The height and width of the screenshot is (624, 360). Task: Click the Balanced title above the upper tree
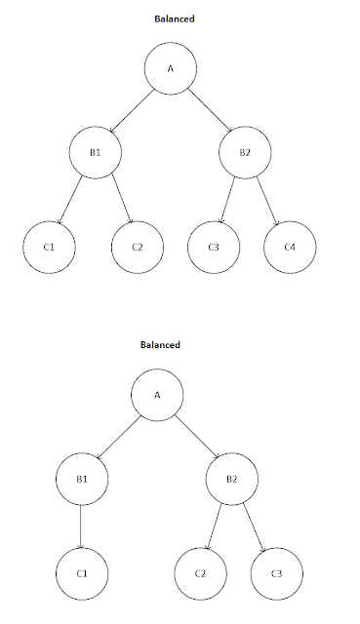tap(171, 18)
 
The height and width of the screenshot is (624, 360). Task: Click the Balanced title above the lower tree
tap(161, 345)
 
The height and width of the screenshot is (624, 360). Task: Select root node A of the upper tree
tap(171, 69)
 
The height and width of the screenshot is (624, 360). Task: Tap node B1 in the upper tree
tap(96, 152)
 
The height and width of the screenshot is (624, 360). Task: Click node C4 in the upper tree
tap(290, 247)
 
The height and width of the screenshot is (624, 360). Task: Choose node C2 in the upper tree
tap(138, 247)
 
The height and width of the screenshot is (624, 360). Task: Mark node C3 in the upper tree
tap(214, 247)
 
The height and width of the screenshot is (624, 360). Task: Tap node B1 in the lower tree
tap(80, 480)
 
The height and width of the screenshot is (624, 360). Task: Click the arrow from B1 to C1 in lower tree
tap(80, 524)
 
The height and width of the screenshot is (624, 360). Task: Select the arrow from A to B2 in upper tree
tap(209, 110)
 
